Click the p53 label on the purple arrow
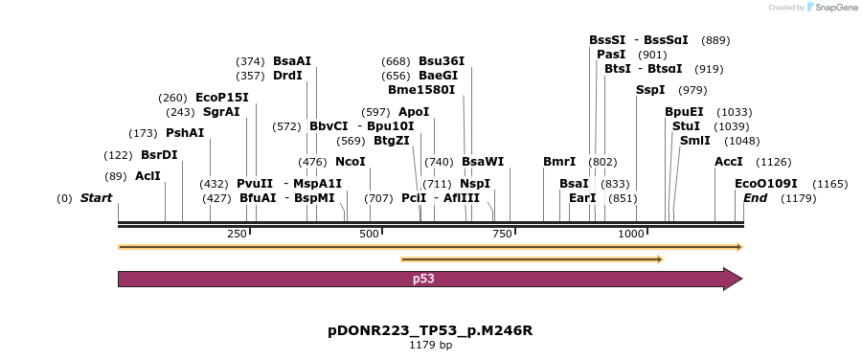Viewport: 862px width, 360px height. (x=423, y=279)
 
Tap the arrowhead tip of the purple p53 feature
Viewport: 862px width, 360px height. (x=741, y=279)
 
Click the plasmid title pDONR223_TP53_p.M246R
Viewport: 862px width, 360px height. (x=430, y=330)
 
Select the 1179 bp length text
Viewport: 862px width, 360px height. (x=430, y=345)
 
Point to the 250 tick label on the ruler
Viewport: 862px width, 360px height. (x=237, y=235)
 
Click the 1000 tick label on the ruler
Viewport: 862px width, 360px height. (x=631, y=235)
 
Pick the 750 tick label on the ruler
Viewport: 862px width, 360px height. (x=501, y=235)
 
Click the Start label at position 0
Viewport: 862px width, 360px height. (x=96, y=198)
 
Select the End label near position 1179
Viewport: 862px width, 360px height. (x=755, y=198)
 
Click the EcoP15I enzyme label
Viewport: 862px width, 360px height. (x=221, y=98)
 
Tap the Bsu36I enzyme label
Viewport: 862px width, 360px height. (x=442, y=61)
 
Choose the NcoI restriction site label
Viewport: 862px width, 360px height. (x=351, y=162)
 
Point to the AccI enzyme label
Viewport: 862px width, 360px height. (x=729, y=162)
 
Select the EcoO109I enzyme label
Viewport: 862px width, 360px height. (x=766, y=183)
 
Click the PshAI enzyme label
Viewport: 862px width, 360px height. (x=185, y=133)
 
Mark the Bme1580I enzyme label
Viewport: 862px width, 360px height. (x=421, y=90)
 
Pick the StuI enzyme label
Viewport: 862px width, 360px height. (x=686, y=126)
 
